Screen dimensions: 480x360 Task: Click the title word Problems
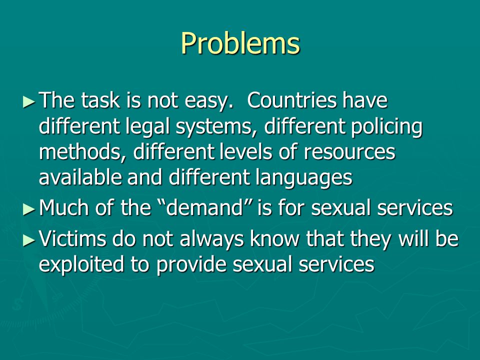tap(240, 44)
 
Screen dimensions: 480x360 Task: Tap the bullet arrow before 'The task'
tap(29, 101)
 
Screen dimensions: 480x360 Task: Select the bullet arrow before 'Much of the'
tap(29, 209)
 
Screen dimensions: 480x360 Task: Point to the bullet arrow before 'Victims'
tap(29, 240)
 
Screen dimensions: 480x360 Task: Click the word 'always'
tap(211, 239)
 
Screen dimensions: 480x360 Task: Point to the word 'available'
tap(80, 177)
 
